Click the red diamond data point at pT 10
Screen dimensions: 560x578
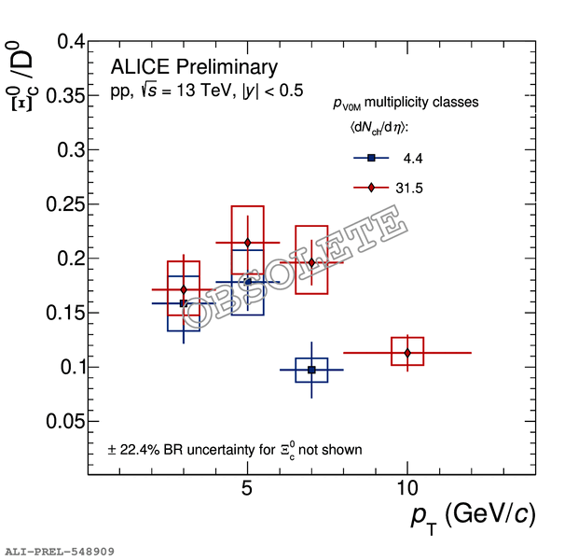pyautogui.click(x=407, y=352)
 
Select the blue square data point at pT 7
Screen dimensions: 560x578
pyautogui.click(x=311, y=371)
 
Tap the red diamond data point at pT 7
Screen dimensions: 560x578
pyautogui.click(x=311, y=262)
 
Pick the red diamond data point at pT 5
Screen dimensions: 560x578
pyautogui.click(x=247, y=243)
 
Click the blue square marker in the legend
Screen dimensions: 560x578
pyautogui.click(x=371, y=158)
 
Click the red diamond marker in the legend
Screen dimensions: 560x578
pyautogui.click(x=371, y=188)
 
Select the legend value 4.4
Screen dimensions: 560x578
pyautogui.click(x=413, y=159)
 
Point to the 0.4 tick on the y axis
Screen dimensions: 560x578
pyautogui.click(x=64, y=42)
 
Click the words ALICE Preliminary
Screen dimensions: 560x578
pyautogui.click(x=194, y=67)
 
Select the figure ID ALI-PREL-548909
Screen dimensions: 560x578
pyautogui.click(x=60, y=552)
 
